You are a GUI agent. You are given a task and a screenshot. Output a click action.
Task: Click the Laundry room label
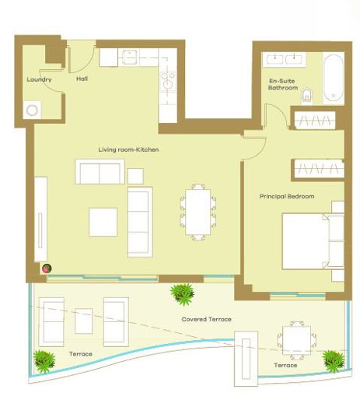coord(39,79)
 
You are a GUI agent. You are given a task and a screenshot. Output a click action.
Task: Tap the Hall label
coord(82,79)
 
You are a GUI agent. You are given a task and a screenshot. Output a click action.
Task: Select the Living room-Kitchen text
coord(128,149)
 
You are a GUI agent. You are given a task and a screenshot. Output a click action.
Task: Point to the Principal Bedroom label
coord(287,196)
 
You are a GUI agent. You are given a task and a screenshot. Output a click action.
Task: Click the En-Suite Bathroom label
coord(283,84)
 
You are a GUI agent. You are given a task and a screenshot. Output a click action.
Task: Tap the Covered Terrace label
coord(206,319)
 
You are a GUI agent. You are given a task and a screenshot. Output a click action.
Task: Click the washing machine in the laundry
coord(33,110)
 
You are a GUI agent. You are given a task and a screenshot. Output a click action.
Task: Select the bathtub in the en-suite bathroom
coord(334,79)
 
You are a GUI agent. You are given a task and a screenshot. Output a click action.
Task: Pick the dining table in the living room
coord(197,210)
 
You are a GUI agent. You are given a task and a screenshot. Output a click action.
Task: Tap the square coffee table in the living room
coord(103,222)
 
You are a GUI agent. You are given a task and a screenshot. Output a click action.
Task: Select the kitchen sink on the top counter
coord(130,58)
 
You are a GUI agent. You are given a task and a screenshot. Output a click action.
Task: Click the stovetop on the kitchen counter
coord(167,80)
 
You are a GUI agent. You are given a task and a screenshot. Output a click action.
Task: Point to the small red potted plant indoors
coord(47,268)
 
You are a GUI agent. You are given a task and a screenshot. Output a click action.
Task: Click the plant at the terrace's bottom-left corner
coord(44,360)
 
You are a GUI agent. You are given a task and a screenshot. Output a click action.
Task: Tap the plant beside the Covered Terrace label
coord(183,294)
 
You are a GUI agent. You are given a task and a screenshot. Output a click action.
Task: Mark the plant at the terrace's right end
coord(333,359)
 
